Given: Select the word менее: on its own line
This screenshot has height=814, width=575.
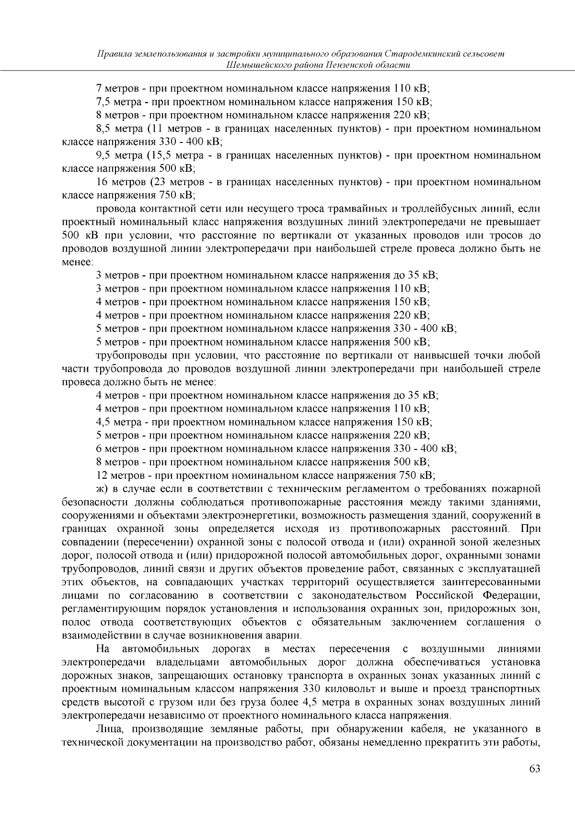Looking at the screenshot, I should point(78,262).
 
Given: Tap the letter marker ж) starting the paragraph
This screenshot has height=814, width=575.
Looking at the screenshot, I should point(102,489).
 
